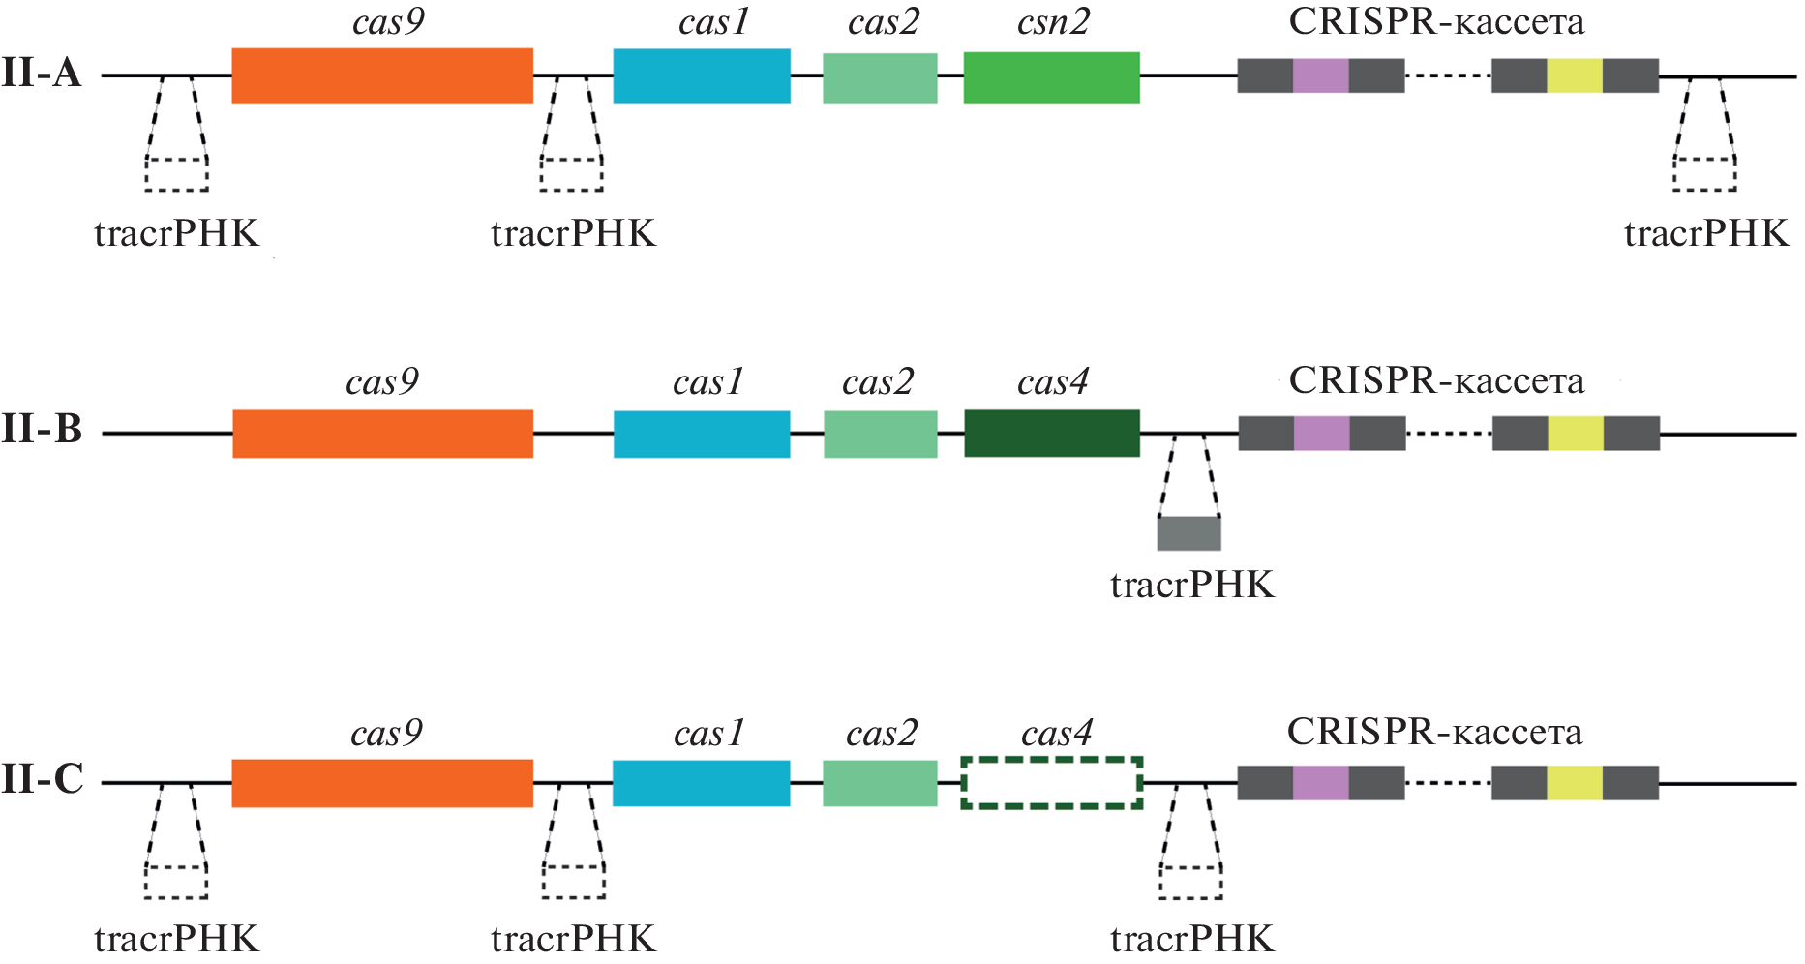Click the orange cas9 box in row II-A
[382, 75]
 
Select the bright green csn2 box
[1051, 77]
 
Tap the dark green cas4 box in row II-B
[1052, 433]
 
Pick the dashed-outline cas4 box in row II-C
[1052, 783]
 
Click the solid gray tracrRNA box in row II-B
[1189, 533]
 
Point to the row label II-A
[42, 74]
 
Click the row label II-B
[42, 430]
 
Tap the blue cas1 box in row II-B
[702, 434]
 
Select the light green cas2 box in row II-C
[880, 783]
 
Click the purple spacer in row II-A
[1320, 75]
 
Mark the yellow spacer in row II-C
[1575, 782]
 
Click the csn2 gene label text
[1053, 22]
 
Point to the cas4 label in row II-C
[1056, 734]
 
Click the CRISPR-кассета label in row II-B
[1436, 381]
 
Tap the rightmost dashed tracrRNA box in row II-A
[1704, 174]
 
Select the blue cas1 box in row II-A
[702, 75]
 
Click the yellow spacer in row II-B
[1576, 434]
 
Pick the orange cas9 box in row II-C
[382, 783]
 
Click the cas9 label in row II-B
[382, 382]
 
